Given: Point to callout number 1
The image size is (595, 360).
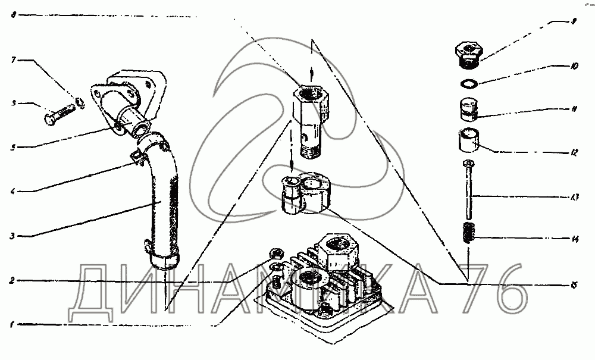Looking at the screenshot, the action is pos(12,325).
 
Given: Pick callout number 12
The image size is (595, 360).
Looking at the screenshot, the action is pos(573,153).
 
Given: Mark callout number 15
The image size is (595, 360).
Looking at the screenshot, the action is pos(574,286).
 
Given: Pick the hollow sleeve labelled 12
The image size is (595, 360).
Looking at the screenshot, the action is pos(469,140).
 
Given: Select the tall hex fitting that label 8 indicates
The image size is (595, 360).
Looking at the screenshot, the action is pos(311,117).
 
